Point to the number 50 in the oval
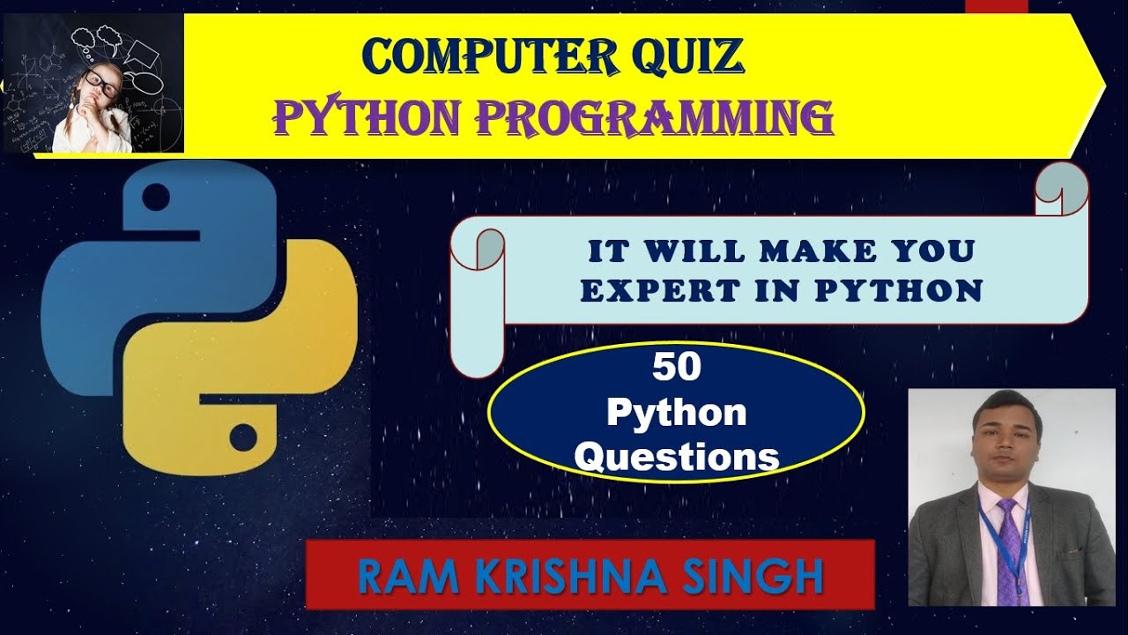pyautogui.click(x=676, y=368)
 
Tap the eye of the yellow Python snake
pyautogui.click(x=242, y=435)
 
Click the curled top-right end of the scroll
pyautogui.click(x=1062, y=189)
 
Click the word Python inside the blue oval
pyautogui.click(x=676, y=412)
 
